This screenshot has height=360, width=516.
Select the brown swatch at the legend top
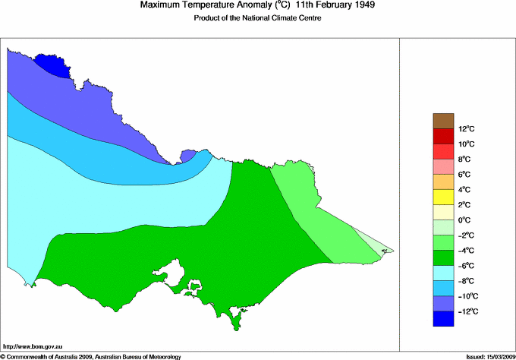pyautogui.click(x=442, y=120)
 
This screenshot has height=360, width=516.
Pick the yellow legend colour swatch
pyautogui.click(x=442, y=197)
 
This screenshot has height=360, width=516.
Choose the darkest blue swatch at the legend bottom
pyautogui.click(x=442, y=320)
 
